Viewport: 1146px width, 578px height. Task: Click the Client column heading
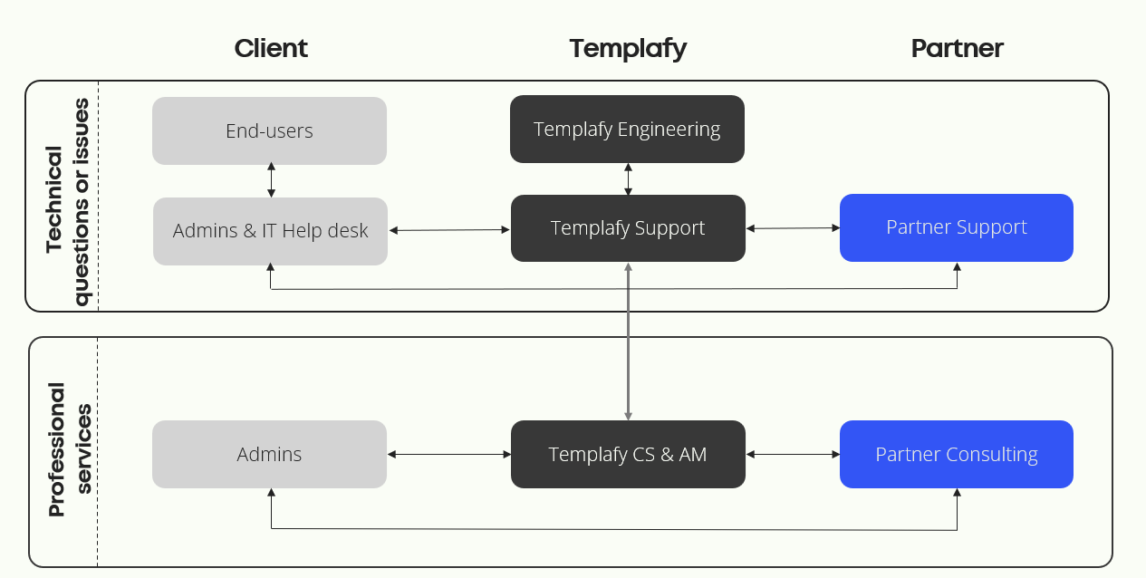point(271,49)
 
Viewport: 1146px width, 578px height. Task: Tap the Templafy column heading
point(628,50)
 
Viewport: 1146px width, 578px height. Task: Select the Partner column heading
point(957,49)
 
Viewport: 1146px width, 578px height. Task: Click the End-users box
point(269,131)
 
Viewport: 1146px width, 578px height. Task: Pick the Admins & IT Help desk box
point(270,231)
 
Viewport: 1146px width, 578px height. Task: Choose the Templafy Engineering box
point(627,129)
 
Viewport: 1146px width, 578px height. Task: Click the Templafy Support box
point(628,228)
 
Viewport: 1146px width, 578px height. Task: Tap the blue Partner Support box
point(956,227)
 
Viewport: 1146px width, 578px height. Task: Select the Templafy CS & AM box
point(628,454)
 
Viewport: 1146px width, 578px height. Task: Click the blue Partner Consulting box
point(956,454)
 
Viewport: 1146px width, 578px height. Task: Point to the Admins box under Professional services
point(269,454)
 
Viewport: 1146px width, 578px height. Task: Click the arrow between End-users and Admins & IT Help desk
point(271,180)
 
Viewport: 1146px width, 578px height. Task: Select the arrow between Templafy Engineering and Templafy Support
point(628,179)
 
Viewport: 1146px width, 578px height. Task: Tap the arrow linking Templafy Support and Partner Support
point(793,228)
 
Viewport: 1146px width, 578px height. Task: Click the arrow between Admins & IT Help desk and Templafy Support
point(449,230)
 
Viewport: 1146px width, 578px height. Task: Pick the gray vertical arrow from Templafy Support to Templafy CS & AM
point(628,342)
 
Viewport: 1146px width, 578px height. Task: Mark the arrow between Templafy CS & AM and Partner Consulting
point(793,454)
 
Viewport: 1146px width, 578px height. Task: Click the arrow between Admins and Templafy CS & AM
point(449,454)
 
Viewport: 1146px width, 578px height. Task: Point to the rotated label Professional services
point(70,449)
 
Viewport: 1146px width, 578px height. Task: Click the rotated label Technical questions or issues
point(67,202)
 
